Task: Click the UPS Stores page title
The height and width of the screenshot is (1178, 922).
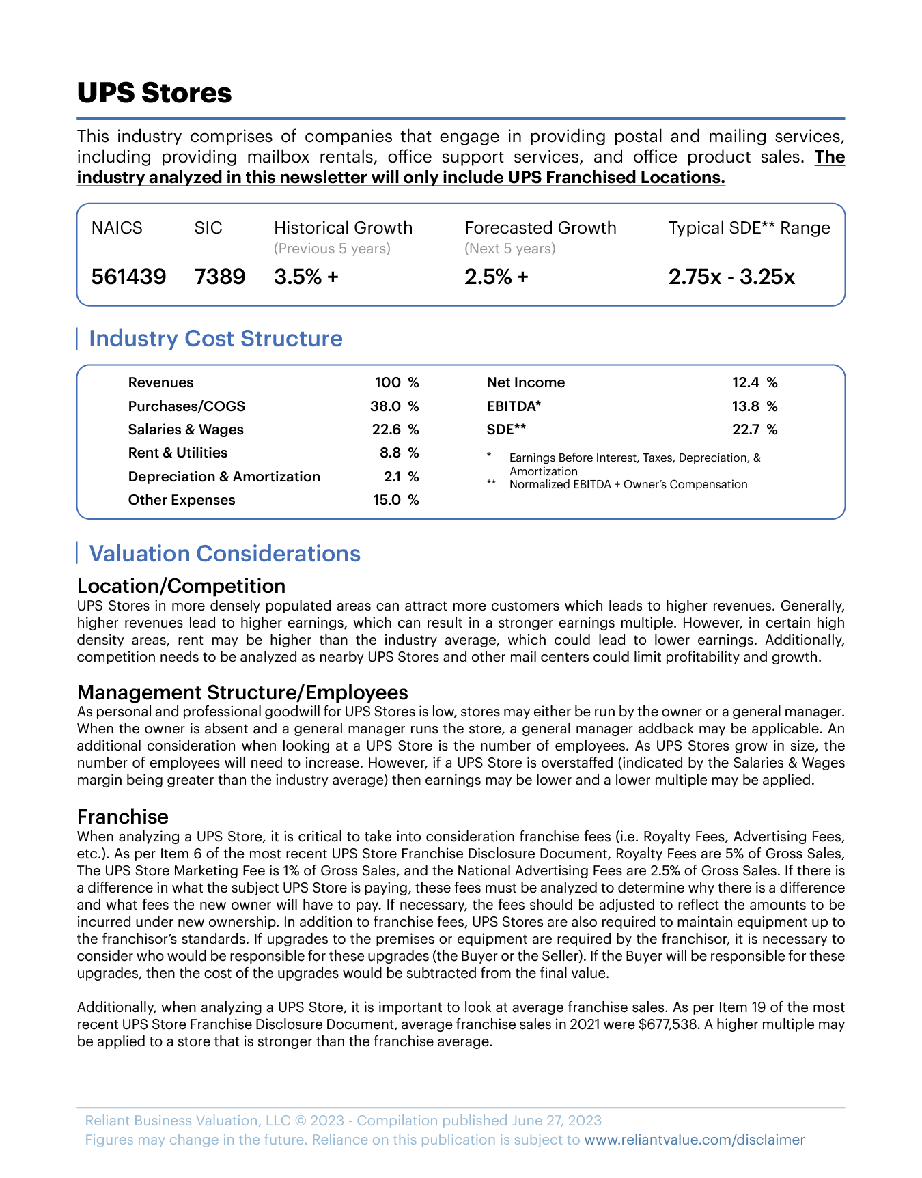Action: (154, 93)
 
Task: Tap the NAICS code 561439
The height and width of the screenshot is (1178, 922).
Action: (128, 277)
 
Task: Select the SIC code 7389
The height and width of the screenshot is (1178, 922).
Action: (219, 277)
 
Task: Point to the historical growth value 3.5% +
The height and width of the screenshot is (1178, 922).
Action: (306, 277)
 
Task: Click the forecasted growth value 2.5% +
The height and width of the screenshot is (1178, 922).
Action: (497, 277)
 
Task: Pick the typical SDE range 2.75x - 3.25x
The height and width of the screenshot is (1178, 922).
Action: (731, 277)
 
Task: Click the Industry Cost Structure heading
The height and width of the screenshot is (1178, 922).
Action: (216, 339)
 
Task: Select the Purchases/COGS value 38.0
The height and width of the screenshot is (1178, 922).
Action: (385, 406)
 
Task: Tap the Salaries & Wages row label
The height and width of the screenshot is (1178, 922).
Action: (186, 430)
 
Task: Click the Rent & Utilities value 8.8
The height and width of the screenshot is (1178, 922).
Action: (390, 453)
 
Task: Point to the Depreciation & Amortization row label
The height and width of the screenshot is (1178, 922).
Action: (224, 477)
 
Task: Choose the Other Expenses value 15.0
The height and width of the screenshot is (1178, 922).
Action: (387, 500)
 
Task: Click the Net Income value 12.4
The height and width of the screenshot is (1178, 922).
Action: (746, 382)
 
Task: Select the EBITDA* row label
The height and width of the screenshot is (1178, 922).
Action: (514, 406)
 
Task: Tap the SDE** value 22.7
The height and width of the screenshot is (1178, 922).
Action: (746, 430)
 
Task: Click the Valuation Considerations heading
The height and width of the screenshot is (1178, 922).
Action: (225, 554)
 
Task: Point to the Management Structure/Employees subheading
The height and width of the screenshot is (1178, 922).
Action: (242, 692)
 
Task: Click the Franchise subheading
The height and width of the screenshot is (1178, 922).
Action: (123, 817)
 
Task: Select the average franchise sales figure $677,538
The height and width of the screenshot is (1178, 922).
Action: (669, 1024)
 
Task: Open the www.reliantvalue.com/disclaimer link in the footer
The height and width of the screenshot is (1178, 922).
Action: (694, 1140)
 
